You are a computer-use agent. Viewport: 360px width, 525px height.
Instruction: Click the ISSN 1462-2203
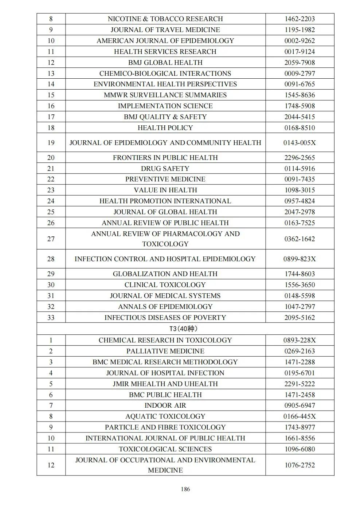tap(300, 19)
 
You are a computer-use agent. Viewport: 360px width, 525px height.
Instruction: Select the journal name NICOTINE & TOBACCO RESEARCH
tap(165, 19)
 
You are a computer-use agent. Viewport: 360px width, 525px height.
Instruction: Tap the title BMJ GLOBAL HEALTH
tap(165, 62)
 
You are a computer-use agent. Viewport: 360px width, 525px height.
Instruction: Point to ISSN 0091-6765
tap(300, 84)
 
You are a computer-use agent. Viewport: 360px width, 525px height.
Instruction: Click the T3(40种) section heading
tap(184, 329)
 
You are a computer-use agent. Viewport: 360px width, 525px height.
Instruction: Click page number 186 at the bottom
tap(185, 489)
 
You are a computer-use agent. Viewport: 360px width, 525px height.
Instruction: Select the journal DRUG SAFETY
tap(165, 168)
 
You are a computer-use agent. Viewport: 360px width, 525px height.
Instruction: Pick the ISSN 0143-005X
tap(300, 142)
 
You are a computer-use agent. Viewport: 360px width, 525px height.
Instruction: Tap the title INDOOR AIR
tap(165, 405)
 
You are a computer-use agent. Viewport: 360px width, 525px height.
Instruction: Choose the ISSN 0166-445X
tap(300, 416)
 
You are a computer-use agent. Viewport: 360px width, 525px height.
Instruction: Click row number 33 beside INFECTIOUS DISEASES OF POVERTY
tap(51, 318)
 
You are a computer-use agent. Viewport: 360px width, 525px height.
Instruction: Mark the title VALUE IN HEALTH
tap(165, 190)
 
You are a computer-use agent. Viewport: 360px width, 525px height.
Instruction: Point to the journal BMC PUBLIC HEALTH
tap(165, 395)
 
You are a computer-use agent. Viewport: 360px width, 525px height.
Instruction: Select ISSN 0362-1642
tap(300, 239)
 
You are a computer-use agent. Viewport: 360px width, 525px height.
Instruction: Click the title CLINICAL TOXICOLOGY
tap(165, 285)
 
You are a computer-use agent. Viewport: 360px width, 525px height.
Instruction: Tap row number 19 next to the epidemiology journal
tap(51, 142)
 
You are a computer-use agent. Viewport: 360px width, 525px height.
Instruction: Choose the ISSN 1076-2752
tap(300, 465)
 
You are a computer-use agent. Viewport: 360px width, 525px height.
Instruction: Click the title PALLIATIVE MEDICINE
tap(165, 351)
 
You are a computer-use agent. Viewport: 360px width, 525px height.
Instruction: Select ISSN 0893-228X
tap(300, 340)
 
